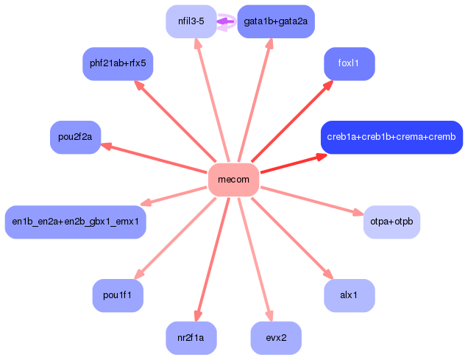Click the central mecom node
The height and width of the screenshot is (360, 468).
click(233, 180)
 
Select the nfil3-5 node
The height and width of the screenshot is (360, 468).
click(191, 21)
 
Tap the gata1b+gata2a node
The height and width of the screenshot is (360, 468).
click(276, 21)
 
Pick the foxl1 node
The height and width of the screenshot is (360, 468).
click(349, 64)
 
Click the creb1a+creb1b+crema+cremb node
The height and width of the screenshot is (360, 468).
click(391, 137)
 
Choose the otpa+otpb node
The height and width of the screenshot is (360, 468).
click(391, 222)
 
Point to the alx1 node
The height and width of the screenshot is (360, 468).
click(349, 295)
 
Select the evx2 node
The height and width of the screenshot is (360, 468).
click(276, 338)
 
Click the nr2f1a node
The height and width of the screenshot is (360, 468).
click(191, 338)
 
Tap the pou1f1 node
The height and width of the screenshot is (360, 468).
click(118, 295)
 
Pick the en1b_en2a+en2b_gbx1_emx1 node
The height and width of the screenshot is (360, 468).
click(75, 222)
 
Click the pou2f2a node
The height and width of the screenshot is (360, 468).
click(75, 137)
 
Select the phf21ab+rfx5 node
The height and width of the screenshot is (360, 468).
click(118, 64)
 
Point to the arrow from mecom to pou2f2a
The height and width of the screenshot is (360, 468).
click(155, 158)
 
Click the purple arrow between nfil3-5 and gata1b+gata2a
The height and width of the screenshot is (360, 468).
click(227, 21)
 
